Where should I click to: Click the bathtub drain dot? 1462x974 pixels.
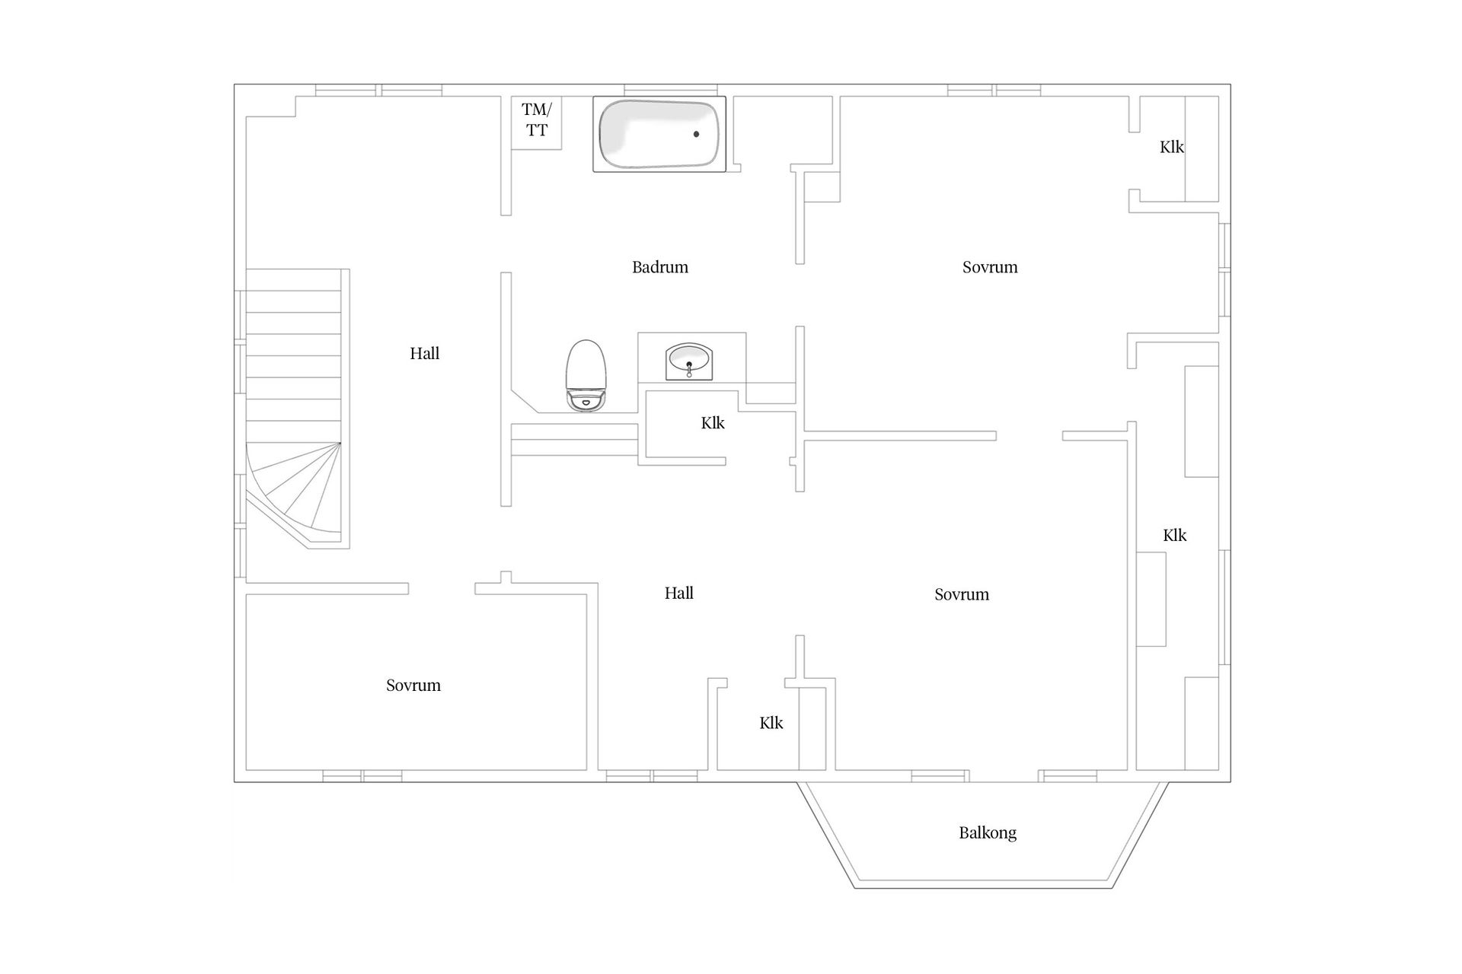[x=696, y=134]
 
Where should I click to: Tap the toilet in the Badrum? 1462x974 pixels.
[x=586, y=373]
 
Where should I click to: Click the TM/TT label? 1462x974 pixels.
[x=536, y=119]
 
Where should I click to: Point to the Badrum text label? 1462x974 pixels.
[x=659, y=267]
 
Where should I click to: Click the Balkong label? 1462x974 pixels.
[x=987, y=832]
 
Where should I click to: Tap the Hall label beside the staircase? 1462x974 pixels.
[x=424, y=353]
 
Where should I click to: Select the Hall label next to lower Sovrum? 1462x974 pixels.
[x=678, y=593]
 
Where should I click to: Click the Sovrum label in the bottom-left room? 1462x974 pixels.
[x=413, y=685]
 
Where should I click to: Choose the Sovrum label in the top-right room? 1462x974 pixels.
[x=989, y=267]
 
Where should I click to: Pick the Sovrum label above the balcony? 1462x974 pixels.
[x=961, y=594]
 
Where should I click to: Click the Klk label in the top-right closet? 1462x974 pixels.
[x=1171, y=147]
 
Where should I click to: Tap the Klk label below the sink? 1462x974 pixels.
[x=713, y=423]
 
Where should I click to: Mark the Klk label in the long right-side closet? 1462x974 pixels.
[x=1174, y=536]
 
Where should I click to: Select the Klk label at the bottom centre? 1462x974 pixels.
[x=771, y=723]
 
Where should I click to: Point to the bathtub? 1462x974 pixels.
[x=659, y=134]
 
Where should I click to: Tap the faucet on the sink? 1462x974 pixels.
[x=689, y=370]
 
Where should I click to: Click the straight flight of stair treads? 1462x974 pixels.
[x=293, y=355]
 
